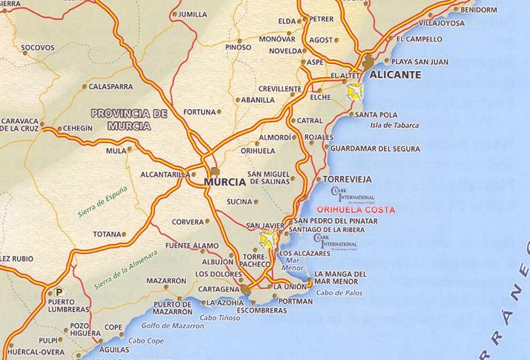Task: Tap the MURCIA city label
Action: coord(225,181)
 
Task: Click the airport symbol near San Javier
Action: coord(267,238)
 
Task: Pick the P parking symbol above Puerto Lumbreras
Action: coord(58,292)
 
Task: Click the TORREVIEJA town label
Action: coord(347,179)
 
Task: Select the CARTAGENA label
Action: coord(218,289)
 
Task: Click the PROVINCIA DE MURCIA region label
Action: coord(129,120)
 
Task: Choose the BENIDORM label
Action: coord(479,10)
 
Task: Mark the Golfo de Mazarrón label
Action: coord(173,326)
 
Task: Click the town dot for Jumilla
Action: coord(174,14)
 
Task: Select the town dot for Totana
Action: coord(124,235)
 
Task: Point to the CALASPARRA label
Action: coord(111,87)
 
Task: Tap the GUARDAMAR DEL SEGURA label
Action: coord(375,149)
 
